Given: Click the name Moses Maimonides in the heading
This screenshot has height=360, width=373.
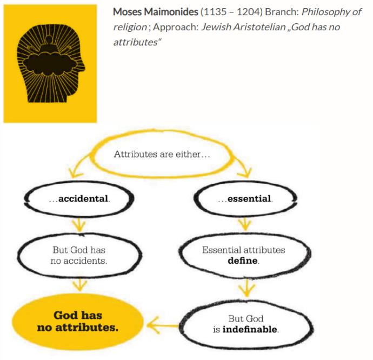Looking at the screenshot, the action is point(155,12).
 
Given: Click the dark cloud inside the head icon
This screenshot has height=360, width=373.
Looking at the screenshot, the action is point(51,63).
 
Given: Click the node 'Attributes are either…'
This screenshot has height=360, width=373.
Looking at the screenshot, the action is point(162,154).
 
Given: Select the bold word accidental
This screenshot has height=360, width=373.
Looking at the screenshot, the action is point(83,198).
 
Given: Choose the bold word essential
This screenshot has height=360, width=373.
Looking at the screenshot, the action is point(249,198).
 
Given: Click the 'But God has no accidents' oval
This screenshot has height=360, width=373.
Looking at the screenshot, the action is point(79,255).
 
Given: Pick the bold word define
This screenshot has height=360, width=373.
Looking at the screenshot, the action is point(242,261).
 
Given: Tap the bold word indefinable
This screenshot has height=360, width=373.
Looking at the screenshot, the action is point(250,329).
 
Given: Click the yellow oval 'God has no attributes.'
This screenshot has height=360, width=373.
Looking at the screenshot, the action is point(78,322).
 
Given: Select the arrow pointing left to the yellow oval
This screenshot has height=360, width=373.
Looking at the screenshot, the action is point(163,325).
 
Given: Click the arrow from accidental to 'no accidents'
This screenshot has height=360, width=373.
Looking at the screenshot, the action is point(79,225).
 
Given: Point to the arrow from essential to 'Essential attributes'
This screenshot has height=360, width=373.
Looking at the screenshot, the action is point(245,224).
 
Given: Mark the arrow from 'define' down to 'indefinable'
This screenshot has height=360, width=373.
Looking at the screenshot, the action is point(247,288).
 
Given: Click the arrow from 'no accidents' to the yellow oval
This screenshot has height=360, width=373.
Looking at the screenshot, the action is point(79,284).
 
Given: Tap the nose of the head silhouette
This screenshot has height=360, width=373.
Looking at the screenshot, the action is point(82,65).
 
